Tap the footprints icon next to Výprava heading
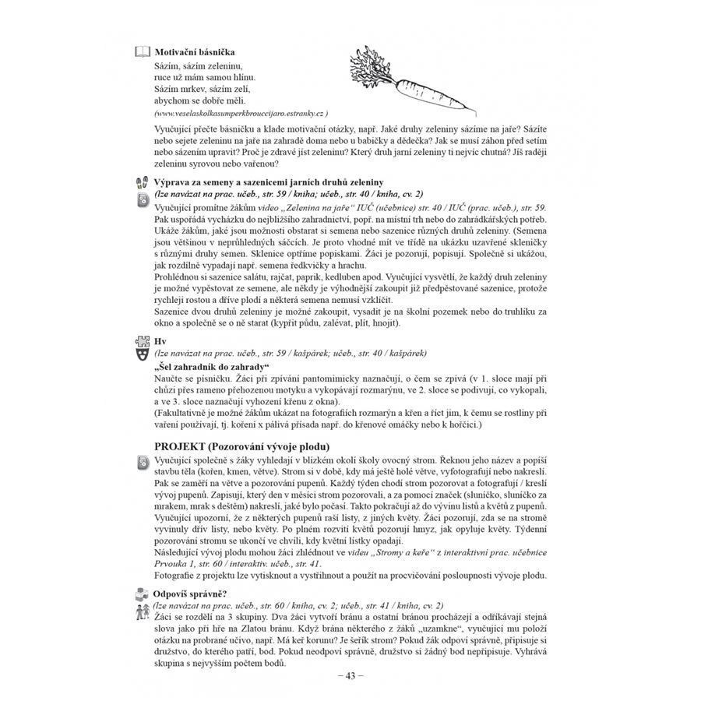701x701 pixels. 142,182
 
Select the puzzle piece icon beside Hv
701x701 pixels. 142,340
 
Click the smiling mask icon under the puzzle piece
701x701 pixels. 142,354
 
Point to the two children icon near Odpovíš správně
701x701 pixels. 142,607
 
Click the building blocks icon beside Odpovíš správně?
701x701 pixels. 142,593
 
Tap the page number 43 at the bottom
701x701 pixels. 350,675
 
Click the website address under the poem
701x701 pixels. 241,112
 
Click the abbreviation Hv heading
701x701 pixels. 161,341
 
